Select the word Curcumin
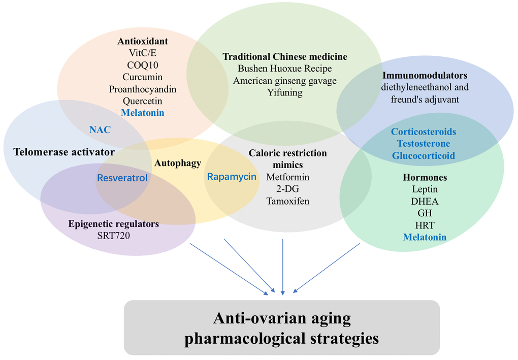[x=142, y=77]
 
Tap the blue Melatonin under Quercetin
[x=142, y=113]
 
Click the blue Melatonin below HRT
[x=425, y=237]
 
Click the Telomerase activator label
[x=64, y=152]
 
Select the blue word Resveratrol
[x=122, y=178]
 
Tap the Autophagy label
[x=178, y=163]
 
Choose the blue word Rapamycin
[x=232, y=177]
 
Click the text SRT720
[x=113, y=236]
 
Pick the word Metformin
[x=287, y=177]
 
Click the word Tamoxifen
[x=287, y=201]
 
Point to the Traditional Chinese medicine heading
[x=285, y=56]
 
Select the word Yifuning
[x=285, y=92]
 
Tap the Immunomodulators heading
[x=425, y=75]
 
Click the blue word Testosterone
[x=424, y=144]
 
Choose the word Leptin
[x=425, y=189]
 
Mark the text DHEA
[x=425, y=201]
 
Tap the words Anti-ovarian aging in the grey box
[x=282, y=318]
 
